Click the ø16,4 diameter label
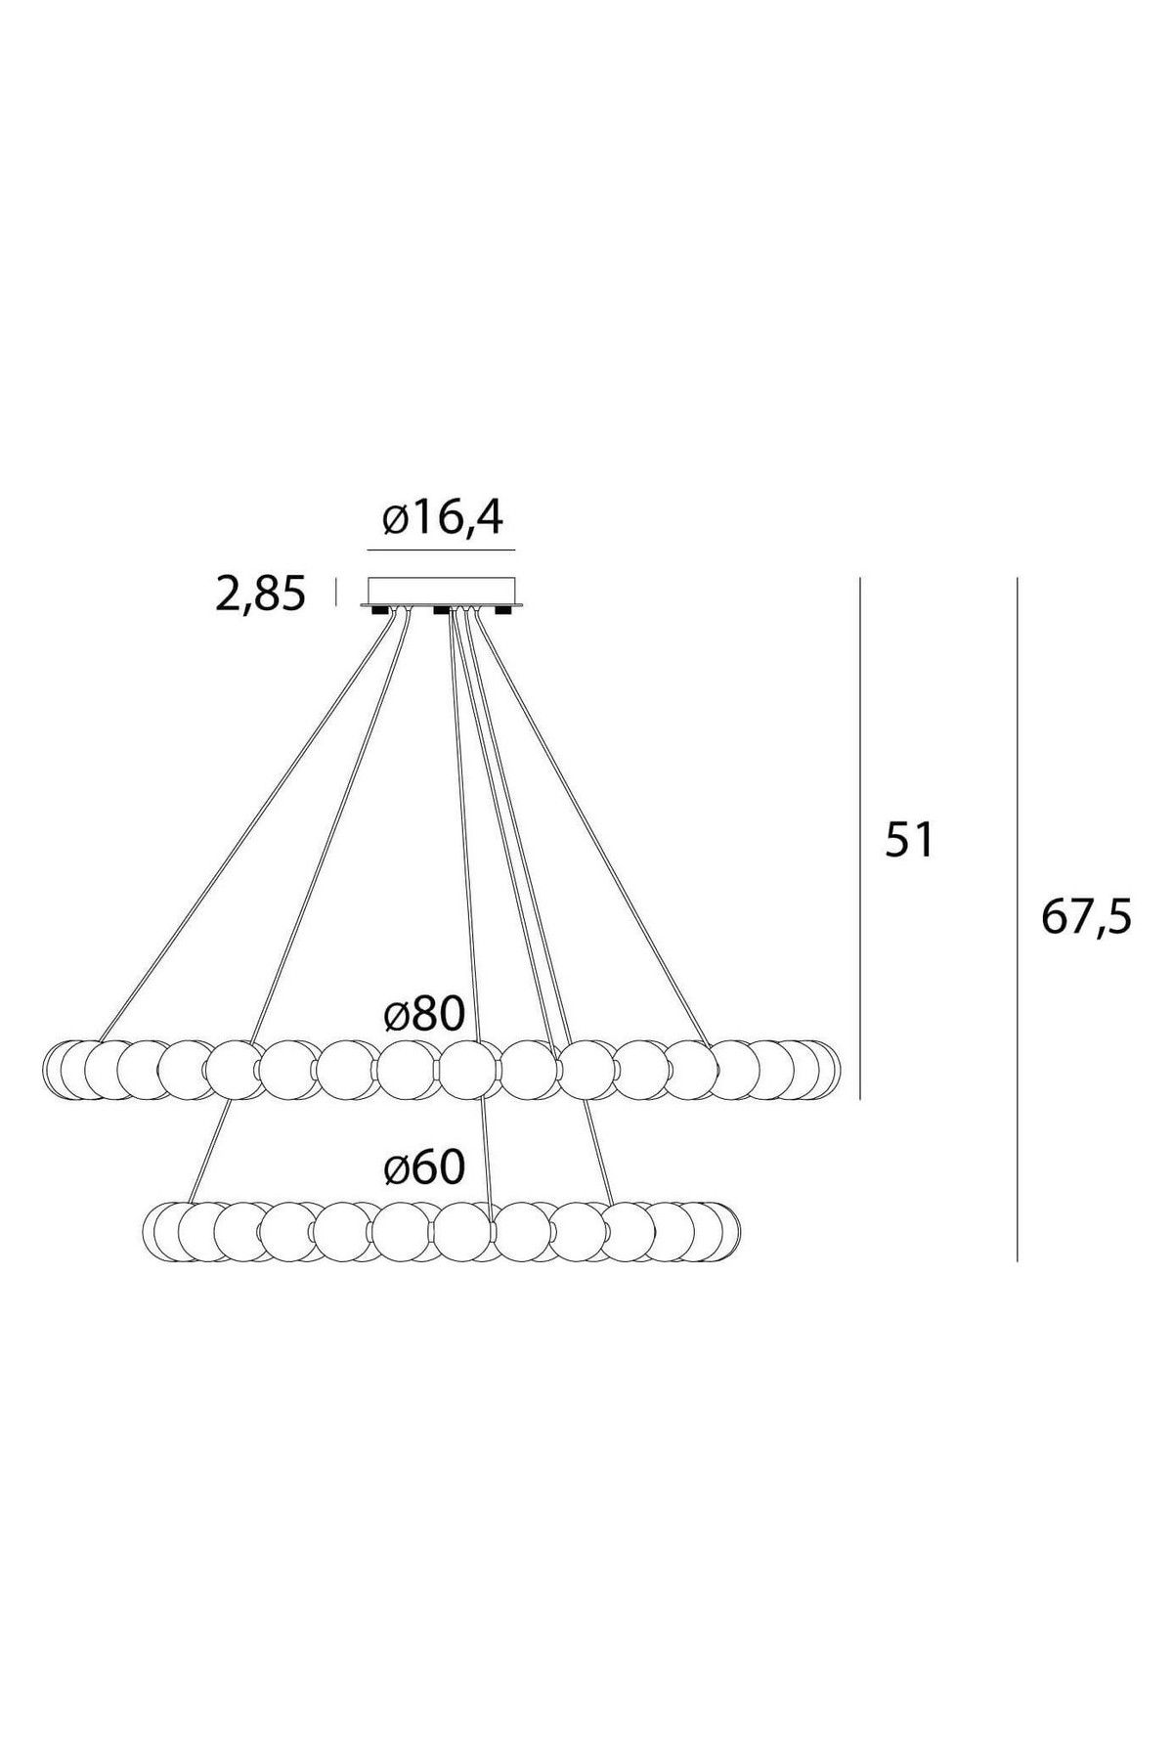pyautogui.click(x=443, y=518)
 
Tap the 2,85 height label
pyautogui.click(x=260, y=594)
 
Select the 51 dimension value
pyautogui.click(x=910, y=840)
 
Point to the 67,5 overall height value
pyautogui.click(x=1085, y=917)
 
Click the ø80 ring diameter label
pyautogui.click(x=424, y=1015)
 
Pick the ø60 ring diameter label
pyautogui.click(x=424, y=1167)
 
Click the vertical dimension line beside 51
pyautogui.click(x=860, y=838)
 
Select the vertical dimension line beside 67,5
pyautogui.click(x=1018, y=919)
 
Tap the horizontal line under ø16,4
pyautogui.click(x=441, y=550)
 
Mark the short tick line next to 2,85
pyautogui.click(x=336, y=592)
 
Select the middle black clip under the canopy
pyautogui.click(x=442, y=612)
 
